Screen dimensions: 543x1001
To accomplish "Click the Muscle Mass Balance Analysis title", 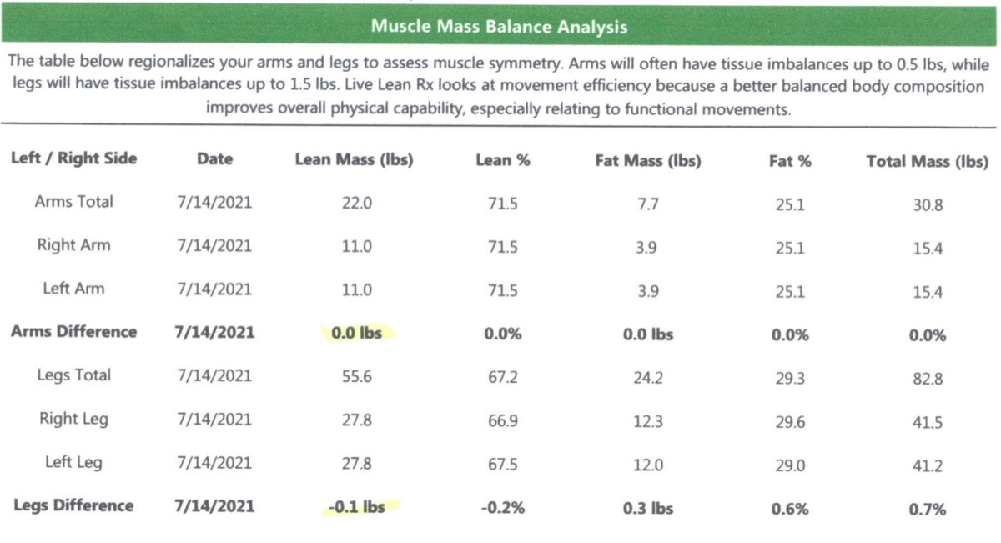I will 499,27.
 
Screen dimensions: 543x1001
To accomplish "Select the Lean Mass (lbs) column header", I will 354,159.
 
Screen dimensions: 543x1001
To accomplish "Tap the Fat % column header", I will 789,161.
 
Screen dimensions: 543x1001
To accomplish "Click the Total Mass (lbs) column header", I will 927,162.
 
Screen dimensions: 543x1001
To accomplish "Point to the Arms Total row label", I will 74,202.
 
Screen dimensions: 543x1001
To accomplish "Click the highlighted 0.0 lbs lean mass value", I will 356,333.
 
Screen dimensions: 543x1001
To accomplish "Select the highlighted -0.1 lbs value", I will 356,506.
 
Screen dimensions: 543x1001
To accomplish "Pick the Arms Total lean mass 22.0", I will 356,203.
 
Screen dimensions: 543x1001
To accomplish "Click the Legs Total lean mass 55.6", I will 356,376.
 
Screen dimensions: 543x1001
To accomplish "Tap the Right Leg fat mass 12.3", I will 647,421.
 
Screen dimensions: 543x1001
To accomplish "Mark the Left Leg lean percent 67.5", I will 502,465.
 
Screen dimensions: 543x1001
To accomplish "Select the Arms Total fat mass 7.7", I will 647,204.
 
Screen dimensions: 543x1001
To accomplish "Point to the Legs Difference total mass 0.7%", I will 927,509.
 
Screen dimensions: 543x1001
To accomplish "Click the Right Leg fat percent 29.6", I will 789,422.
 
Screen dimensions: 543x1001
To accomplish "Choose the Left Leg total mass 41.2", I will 927,466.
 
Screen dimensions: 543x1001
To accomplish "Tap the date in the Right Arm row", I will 214,246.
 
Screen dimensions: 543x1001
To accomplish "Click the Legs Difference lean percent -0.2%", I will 502,507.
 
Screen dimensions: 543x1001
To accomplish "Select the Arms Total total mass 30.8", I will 927,205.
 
